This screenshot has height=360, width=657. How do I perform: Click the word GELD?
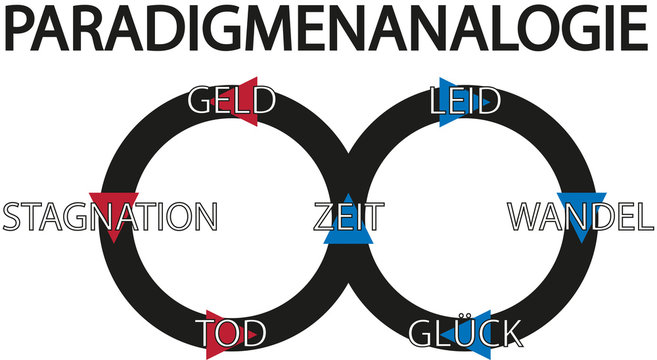tap(231, 102)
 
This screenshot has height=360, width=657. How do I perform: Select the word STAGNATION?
tap(109, 217)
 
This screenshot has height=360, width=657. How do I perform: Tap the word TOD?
tap(231, 332)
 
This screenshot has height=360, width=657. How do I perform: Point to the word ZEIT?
tap(347, 217)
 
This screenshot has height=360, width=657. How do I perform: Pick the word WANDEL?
tap(574, 217)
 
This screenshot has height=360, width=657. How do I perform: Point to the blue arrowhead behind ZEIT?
tap(348, 222)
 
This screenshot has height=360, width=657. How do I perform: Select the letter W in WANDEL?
tap(524, 217)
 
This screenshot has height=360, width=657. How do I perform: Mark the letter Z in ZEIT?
tap(325, 217)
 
